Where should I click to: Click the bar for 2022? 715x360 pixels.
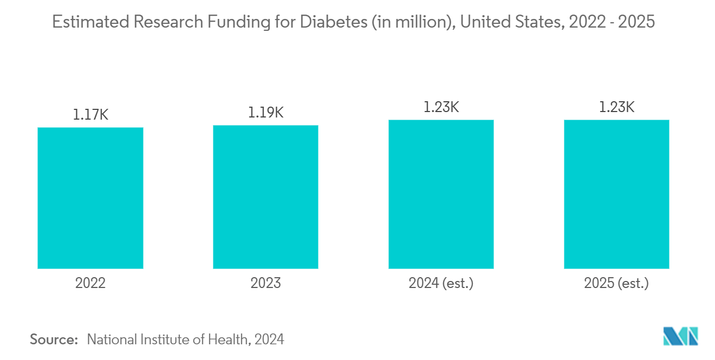pyautogui.click(x=90, y=198)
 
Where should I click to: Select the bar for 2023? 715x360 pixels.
pyautogui.click(x=265, y=197)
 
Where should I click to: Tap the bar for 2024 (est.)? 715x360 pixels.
pyautogui.click(x=441, y=194)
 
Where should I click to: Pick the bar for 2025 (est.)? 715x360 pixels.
pyautogui.click(x=616, y=194)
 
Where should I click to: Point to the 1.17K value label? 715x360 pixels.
pyautogui.click(x=90, y=115)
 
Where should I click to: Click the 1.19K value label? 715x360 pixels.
pyautogui.click(x=265, y=113)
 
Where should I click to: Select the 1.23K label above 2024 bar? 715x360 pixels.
pyautogui.click(x=441, y=107)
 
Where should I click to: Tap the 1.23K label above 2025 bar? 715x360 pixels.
pyautogui.click(x=616, y=107)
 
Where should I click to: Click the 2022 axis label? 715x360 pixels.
pyautogui.click(x=90, y=283)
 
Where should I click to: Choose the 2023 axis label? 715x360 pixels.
pyautogui.click(x=265, y=283)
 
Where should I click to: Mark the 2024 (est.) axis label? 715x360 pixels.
pyautogui.click(x=441, y=283)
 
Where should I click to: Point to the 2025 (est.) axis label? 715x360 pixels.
pyautogui.click(x=616, y=283)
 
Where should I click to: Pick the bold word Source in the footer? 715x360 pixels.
pyautogui.click(x=54, y=339)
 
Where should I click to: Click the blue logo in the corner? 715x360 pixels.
pyautogui.click(x=680, y=336)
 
